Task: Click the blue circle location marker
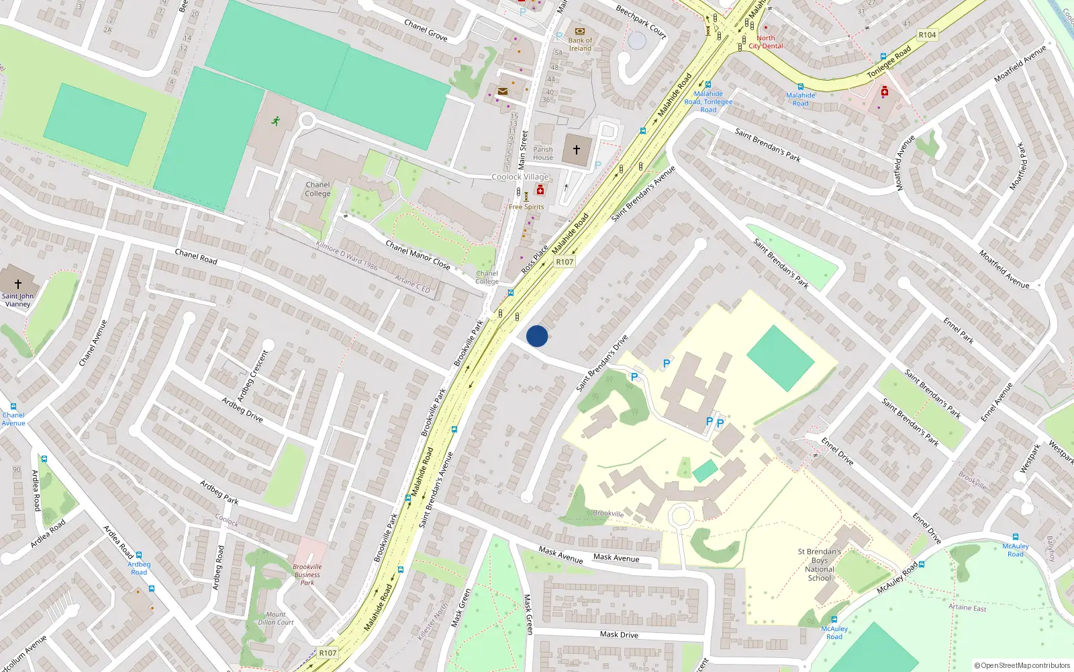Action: coord(537,336)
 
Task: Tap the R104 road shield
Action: coord(927,35)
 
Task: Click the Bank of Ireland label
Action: coord(580,44)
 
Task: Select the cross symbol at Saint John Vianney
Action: coord(18,284)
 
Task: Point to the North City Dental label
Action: coord(765,42)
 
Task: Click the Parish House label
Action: coord(543,154)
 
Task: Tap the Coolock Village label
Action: coord(520,177)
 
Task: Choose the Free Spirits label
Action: coord(526,207)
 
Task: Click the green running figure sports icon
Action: coord(275,121)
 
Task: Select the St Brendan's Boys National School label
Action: coord(820,564)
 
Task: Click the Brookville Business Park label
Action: coord(307,575)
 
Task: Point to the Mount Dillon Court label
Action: coord(276,618)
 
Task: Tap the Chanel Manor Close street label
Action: coord(418,255)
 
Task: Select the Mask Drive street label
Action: coord(619,634)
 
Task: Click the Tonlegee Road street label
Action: coord(889,62)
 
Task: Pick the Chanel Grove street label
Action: coord(426,30)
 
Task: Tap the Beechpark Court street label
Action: coord(641,22)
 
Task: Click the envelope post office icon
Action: coord(502,91)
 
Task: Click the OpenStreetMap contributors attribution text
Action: coord(1022,665)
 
